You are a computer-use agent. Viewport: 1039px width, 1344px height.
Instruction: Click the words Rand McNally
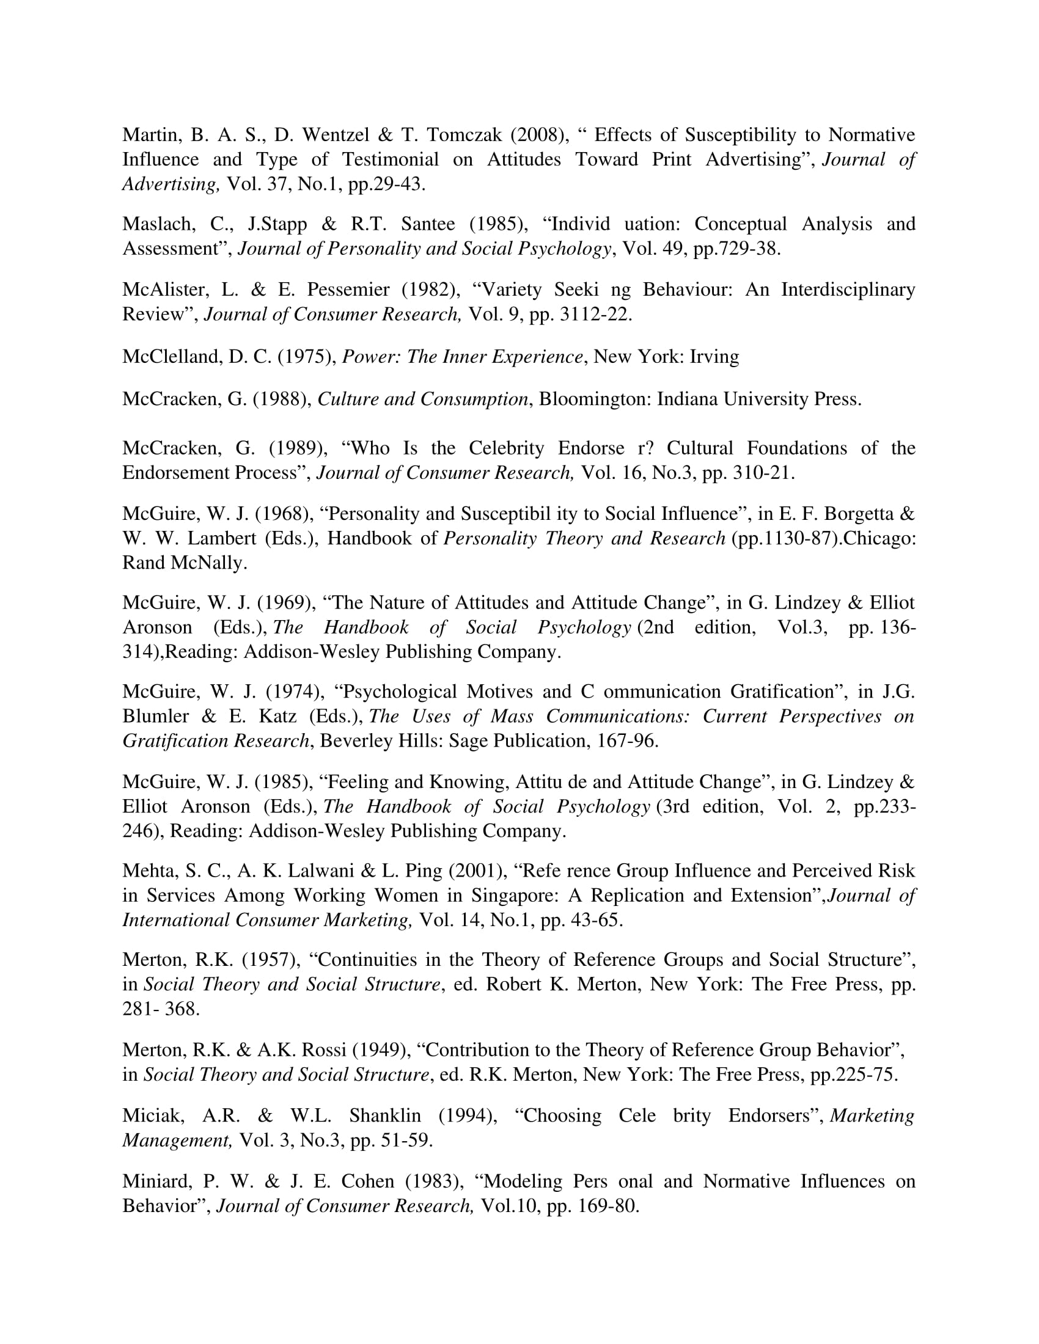tap(184, 563)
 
